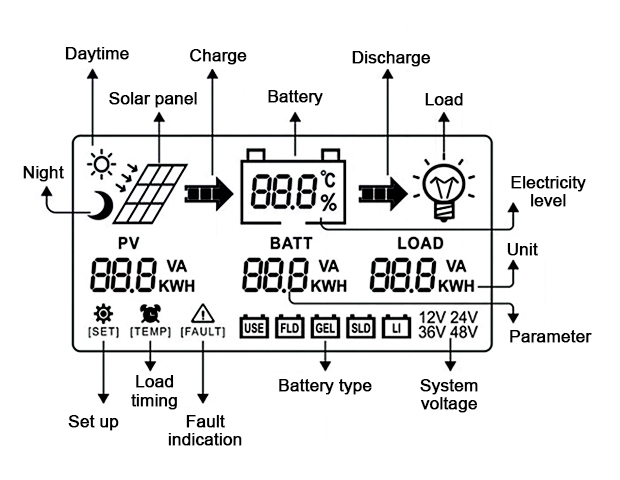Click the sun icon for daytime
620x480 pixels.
(100, 163)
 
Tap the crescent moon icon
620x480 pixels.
(100, 205)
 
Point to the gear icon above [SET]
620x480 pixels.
(102, 312)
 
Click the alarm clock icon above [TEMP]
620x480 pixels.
(151, 312)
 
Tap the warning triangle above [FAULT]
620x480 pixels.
(202, 313)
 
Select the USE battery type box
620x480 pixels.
(254, 326)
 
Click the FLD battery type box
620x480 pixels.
(289, 326)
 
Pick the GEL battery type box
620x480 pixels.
(324, 326)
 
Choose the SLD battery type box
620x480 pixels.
(359, 326)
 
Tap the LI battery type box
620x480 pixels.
(395, 326)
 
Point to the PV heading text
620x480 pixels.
(129, 243)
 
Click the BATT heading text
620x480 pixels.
(291, 243)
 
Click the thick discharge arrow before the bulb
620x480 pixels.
(384, 189)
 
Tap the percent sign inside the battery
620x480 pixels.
(329, 203)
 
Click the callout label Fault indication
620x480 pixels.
(205, 430)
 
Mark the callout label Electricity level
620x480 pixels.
(549, 191)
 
